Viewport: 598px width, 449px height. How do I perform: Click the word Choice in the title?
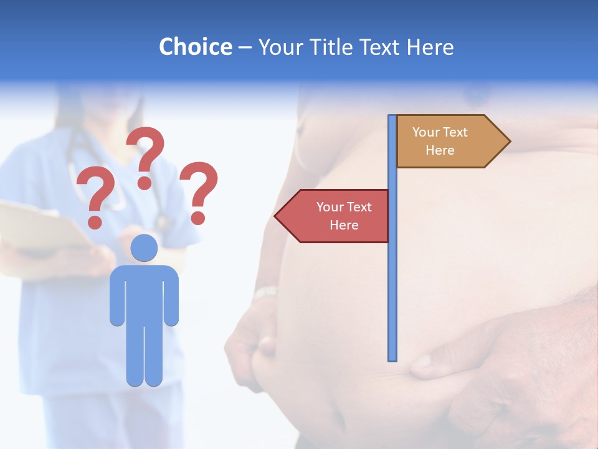coord(195,47)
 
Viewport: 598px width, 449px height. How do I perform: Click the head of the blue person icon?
coord(145,248)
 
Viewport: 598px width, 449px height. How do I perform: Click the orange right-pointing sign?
coord(448,142)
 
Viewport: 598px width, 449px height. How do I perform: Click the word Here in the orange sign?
coord(440,150)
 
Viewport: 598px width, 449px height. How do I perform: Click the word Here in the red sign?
coord(344,225)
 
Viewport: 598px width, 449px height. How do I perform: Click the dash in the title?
coord(245,48)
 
